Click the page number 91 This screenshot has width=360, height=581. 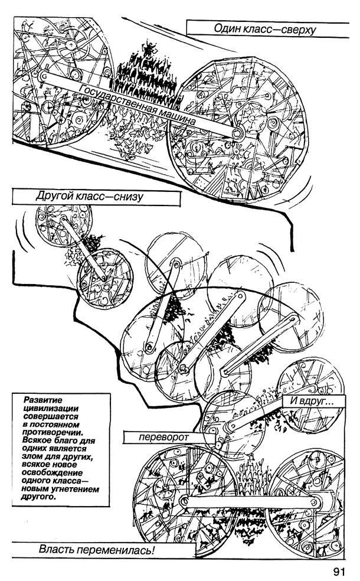338,572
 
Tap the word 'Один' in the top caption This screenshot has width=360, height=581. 229,29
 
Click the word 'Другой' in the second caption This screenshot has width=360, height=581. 54,197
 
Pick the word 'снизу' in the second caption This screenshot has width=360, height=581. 124,197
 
